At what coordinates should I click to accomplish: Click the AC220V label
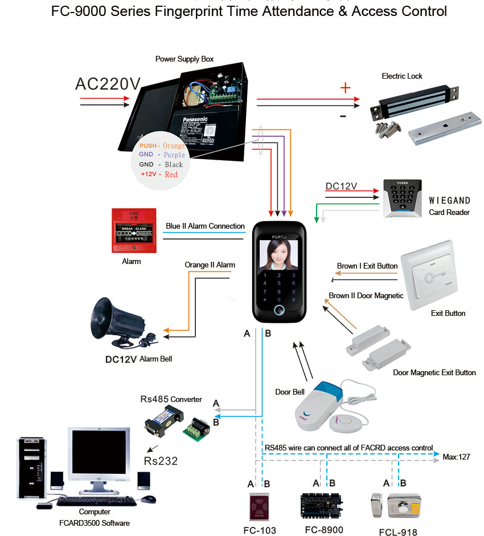(x=108, y=83)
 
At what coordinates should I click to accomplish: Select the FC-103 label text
(x=260, y=530)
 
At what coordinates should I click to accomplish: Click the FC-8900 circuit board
(x=322, y=505)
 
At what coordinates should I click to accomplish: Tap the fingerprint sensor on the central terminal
(x=279, y=310)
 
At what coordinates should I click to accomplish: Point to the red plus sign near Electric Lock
(x=344, y=88)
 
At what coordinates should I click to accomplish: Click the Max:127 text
(x=457, y=457)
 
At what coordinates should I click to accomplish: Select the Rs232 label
(x=161, y=460)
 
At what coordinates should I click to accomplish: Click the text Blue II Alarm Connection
(x=205, y=226)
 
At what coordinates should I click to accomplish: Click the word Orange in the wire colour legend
(x=174, y=146)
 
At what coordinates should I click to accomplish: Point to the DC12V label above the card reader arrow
(x=341, y=186)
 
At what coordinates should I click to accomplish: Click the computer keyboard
(x=97, y=501)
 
